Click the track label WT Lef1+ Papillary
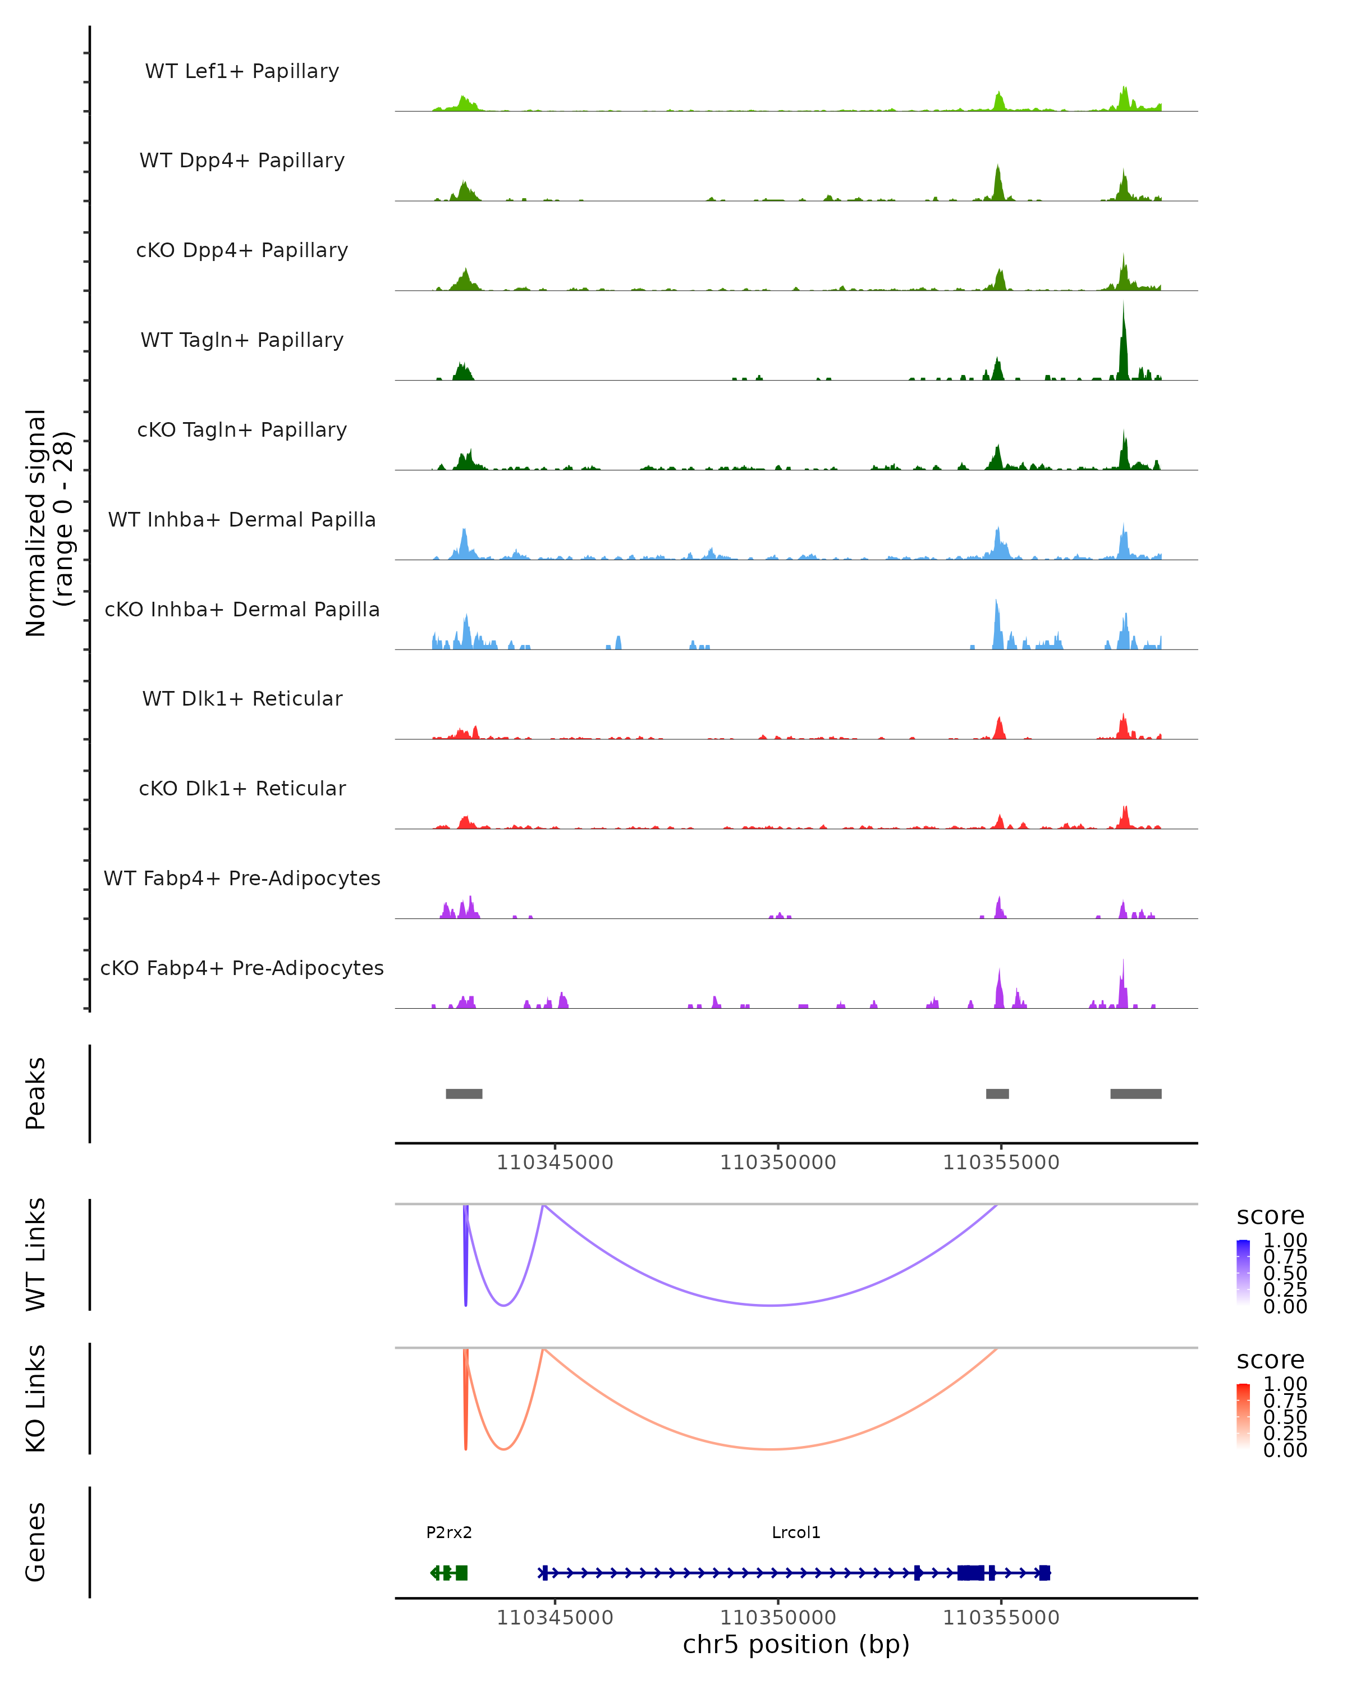click(242, 71)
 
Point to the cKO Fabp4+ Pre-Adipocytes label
click(242, 968)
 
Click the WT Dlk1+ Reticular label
click(242, 699)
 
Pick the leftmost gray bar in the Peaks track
click(464, 1093)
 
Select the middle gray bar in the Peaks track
click(997, 1093)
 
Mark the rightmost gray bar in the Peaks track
click(1135, 1093)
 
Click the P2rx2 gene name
click(449, 1532)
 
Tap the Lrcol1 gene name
click(796, 1532)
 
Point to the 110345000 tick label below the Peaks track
click(555, 1163)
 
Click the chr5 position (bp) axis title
click(796, 1645)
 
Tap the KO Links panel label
click(36, 1399)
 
